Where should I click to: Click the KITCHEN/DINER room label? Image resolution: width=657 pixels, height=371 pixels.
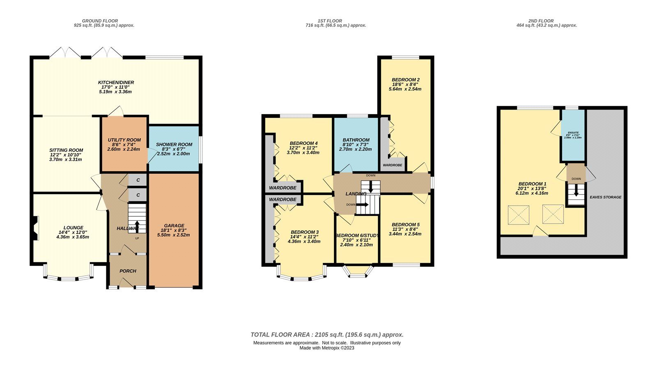pyautogui.click(x=116, y=82)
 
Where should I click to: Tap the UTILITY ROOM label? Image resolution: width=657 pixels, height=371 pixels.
pyautogui.click(x=124, y=140)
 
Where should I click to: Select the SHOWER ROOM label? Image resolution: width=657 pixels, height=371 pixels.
pyautogui.click(x=174, y=144)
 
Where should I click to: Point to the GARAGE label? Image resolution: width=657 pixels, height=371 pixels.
pyautogui.click(x=174, y=226)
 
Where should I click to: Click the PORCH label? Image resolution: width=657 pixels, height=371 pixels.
pyautogui.click(x=128, y=271)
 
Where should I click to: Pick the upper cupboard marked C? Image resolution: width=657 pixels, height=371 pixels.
pyautogui.click(x=138, y=180)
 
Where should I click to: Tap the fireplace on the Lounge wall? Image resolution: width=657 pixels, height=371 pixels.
pyautogui.click(x=35, y=228)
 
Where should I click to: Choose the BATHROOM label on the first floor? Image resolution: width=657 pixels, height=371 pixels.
pyautogui.click(x=356, y=140)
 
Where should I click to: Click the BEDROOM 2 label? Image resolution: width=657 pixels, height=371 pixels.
pyautogui.click(x=405, y=80)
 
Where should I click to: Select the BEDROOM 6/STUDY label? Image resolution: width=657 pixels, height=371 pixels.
pyautogui.click(x=356, y=236)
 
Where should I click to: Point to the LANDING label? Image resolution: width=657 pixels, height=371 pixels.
pyautogui.click(x=356, y=194)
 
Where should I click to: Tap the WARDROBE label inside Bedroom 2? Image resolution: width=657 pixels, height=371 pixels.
pyautogui.click(x=393, y=165)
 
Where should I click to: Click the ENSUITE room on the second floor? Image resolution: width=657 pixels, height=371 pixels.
pyautogui.click(x=573, y=135)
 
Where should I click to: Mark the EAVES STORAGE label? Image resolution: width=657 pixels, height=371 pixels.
pyautogui.click(x=605, y=197)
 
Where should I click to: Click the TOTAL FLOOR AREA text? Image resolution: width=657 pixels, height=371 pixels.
pyautogui.click(x=327, y=334)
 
